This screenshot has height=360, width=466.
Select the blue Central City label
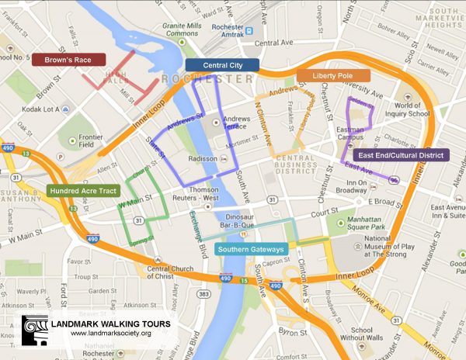222,65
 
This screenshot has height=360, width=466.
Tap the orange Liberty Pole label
332,76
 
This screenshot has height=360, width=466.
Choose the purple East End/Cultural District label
401,155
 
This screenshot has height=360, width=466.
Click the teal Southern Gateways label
251,249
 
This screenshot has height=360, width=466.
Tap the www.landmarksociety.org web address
110,334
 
